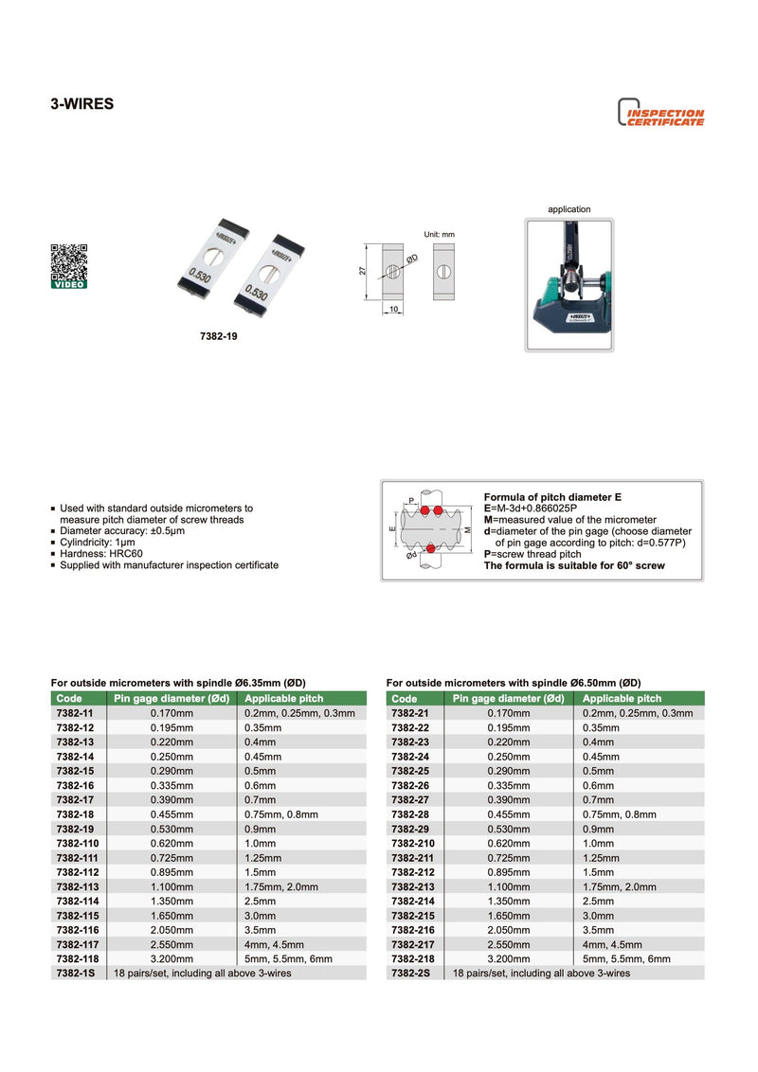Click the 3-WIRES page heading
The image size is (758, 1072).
click(81, 104)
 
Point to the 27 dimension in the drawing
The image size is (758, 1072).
click(362, 271)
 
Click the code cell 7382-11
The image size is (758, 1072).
click(75, 713)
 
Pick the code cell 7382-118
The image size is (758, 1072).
click(77, 958)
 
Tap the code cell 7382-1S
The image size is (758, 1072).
click(75, 973)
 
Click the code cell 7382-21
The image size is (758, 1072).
click(410, 713)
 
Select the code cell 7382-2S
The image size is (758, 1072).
click(410, 973)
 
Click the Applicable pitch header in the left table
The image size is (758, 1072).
click(283, 698)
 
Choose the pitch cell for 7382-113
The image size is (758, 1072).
click(281, 886)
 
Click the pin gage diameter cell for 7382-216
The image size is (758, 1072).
click(509, 930)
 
